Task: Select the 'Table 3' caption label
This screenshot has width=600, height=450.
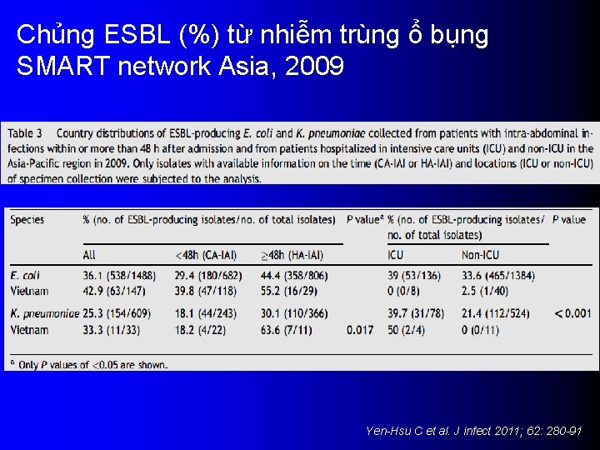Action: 27,132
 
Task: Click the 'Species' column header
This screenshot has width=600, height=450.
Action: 27,219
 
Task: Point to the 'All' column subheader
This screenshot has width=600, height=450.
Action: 89,254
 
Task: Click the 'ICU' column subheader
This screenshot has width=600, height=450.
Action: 395,254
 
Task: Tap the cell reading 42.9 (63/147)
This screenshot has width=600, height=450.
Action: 114,292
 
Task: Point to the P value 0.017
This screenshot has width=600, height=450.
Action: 361,330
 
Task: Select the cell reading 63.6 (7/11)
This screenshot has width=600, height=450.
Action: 287,330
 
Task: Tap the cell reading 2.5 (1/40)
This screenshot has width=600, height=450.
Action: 487,292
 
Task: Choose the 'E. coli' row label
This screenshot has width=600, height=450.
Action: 25,275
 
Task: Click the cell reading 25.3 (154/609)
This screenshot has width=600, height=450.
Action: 120,313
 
